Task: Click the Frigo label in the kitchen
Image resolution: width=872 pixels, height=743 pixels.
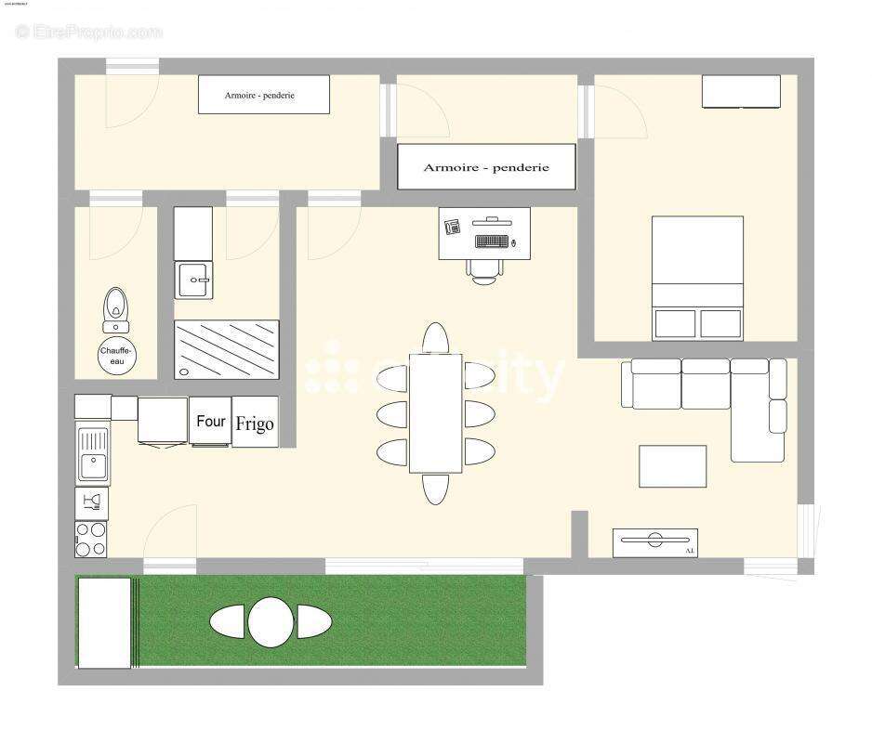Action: pos(255,424)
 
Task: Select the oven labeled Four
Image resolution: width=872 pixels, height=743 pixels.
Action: pos(211,421)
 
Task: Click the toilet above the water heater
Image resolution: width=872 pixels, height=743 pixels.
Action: pos(115,306)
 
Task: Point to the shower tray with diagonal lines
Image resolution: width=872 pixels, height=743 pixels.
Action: pos(227,349)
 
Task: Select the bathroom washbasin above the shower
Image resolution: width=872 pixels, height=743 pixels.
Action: pos(194,279)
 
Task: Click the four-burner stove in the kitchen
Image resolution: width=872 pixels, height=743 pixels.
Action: pos(91,540)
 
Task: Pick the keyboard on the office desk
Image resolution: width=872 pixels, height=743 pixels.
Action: pos(491,241)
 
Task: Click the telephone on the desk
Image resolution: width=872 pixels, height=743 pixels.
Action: pos(453,226)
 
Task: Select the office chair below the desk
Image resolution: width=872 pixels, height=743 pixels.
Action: pos(484,269)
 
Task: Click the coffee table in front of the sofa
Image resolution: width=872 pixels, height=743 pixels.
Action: pos(672,466)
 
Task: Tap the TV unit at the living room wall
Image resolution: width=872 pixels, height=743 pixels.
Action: pos(655,542)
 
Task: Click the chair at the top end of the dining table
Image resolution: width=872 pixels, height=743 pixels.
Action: pos(435,337)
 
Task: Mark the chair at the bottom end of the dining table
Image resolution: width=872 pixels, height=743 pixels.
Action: pos(435,489)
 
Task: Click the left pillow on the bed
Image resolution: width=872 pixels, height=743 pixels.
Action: pos(675,323)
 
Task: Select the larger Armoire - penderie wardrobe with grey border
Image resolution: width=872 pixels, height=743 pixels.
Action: pos(486,167)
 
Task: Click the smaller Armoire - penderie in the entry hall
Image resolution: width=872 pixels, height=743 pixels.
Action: pos(264,95)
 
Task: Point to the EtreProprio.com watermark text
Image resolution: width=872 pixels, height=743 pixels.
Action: pos(89,32)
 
